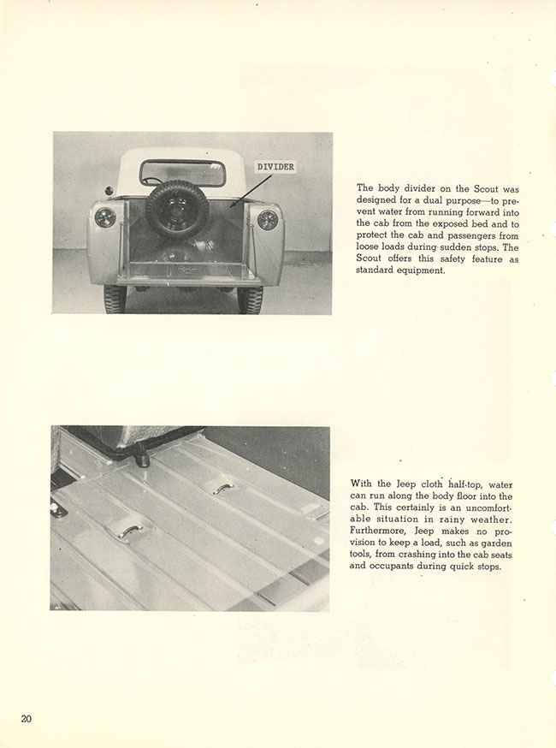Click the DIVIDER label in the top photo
click(x=275, y=168)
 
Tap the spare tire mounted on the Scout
click(x=177, y=208)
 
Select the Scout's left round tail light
click(x=105, y=217)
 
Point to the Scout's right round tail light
click(x=268, y=220)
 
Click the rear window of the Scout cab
click(x=182, y=174)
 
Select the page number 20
click(x=27, y=718)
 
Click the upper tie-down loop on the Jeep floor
click(x=220, y=486)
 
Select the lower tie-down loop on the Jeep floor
click(x=129, y=532)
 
